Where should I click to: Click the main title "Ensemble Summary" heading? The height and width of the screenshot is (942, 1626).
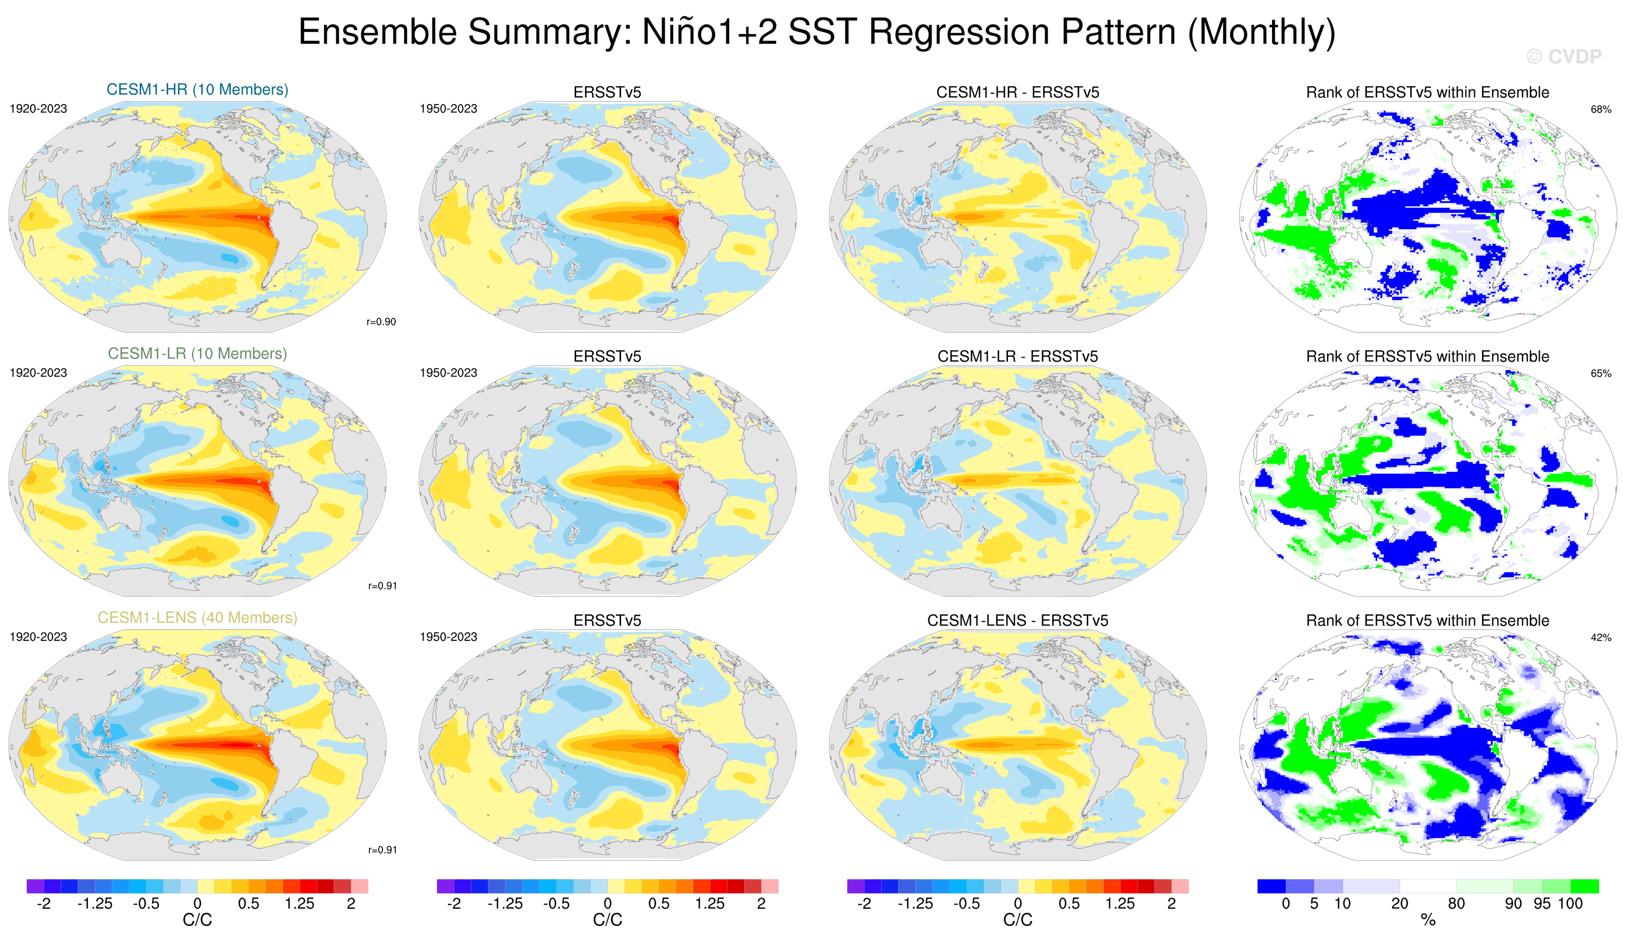tap(816, 32)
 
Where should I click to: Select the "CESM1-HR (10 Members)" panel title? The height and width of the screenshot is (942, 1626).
tap(197, 89)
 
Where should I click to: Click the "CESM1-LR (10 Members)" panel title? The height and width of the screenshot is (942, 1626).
tap(197, 353)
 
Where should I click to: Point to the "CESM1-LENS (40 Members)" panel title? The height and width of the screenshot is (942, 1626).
tap(197, 617)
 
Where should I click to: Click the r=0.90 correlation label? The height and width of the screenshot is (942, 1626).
tap(381, 322)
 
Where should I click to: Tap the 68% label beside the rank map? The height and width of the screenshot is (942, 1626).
tap(1600, 109)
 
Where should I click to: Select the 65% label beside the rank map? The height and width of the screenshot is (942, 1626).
tap(1600, 373)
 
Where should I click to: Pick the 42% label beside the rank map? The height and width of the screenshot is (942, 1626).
tap(1600, 637)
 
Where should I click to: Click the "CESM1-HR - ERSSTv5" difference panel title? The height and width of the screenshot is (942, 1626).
tap(1018, 92)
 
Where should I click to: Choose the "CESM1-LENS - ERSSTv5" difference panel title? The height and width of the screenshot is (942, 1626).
tap(1018, 620)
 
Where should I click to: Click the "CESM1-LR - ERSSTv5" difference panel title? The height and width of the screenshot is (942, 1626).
tap(1018, 356)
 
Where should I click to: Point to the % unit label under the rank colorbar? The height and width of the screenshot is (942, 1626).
tap(1428, 920)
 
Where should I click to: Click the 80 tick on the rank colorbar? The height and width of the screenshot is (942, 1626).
tap(1456, 903)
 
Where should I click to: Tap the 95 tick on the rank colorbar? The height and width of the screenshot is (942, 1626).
tap(1542, 903)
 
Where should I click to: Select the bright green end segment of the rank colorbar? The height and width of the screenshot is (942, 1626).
tap(1585, 886)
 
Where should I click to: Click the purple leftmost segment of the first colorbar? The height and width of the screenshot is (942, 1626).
tap(35, 886)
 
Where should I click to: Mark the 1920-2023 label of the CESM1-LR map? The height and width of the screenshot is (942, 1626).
tap(38, 373)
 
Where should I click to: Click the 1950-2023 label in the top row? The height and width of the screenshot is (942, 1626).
tap(448, 109)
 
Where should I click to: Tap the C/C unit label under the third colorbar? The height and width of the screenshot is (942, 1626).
tap(1018, 920)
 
